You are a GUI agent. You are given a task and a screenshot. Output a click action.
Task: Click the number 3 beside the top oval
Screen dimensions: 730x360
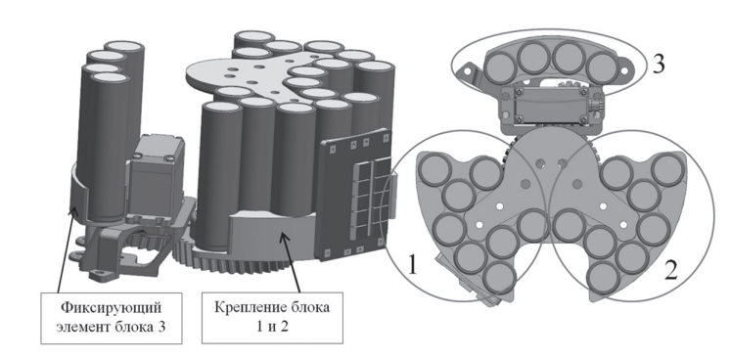pyautogui.click(x=659, y=64)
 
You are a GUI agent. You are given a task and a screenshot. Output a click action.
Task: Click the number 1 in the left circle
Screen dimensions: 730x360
pyautogui.click(x=412, y=265)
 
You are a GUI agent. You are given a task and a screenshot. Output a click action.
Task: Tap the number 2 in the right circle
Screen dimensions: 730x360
pyautogui.click(x=671, y=270)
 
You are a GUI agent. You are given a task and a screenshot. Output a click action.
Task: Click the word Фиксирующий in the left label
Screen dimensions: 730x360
pyautogui.click(x=112, y=308)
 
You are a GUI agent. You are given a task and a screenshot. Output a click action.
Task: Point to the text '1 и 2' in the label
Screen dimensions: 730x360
pyautogui.click(x=272, y=327)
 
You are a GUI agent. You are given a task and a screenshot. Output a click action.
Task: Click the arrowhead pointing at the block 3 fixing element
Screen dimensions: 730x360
pyautogui.click(x=72, y=212)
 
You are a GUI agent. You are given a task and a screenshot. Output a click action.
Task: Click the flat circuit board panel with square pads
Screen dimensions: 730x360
pyautogui.click(x=355, y=195)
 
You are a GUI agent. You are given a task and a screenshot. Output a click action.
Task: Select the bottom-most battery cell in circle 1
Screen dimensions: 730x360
pyautogui.click(x=499, y=278)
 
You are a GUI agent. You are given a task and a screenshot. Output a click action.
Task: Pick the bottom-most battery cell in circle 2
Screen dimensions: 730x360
pyautogui.click(x=604, y=278)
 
